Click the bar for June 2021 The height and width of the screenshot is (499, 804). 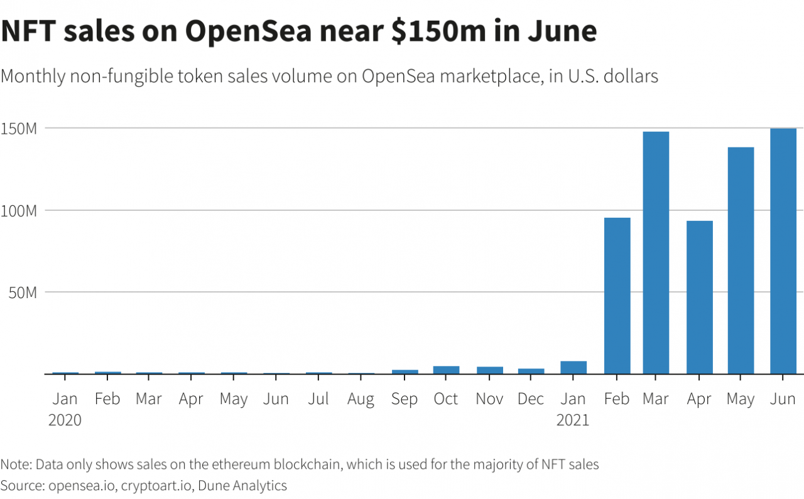click(x=783, y=251)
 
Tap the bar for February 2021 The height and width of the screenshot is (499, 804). click(x=617, y=296)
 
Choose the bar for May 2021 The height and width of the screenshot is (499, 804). click(x=741, y=260)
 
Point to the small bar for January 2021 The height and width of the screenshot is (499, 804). click(x=573, y=368)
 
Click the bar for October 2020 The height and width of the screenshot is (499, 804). click(x=446, y=370)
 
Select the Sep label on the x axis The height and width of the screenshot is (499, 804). click(x=405, y=399)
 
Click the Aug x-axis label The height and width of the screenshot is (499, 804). click(x=361, y=399)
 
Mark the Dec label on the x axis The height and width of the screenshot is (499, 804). click(x=531, y=399)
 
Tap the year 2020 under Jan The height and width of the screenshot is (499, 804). click(x=65, y=420)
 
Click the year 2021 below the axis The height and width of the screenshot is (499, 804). click(x=573, y=420)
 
